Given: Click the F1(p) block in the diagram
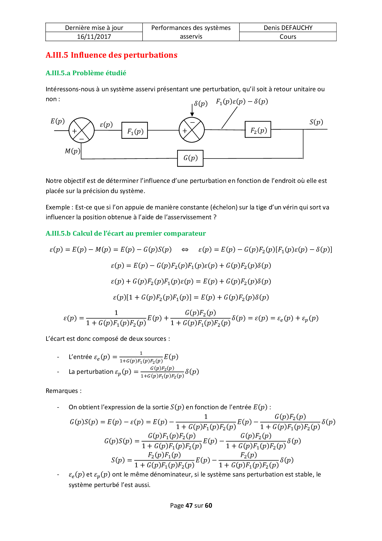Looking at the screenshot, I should [135, 130].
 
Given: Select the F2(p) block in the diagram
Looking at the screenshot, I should [258, 130].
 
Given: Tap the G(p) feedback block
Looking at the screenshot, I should [190, 158].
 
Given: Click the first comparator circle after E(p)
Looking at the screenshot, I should [81, 130].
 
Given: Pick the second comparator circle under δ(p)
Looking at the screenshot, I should [192, 130].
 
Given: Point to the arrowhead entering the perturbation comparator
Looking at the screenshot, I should [192, 114].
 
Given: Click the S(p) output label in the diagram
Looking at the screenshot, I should [316, 122].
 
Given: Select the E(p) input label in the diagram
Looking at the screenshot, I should [58, 121].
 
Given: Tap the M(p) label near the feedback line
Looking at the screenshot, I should [72, 151].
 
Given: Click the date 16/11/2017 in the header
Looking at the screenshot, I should [94, 37].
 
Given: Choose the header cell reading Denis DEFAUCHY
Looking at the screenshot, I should [288, 28].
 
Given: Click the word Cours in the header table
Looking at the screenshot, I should [288, 37].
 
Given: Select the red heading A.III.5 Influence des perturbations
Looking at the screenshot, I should [112, 55].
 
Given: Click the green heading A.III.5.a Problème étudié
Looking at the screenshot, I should [86, 73].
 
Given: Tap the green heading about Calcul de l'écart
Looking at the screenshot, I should [126, 233].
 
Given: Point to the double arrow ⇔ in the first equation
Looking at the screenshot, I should [185, 250].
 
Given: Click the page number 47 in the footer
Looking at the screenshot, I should [189, 506].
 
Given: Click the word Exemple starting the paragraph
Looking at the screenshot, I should [58, 207].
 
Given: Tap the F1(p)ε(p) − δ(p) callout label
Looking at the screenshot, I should [242, 101].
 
